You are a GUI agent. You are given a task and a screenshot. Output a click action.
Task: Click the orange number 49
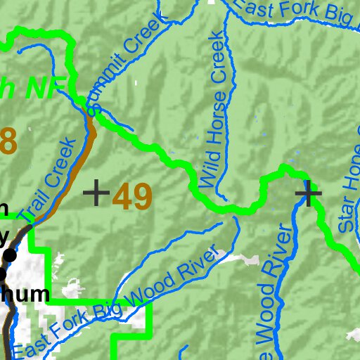132,197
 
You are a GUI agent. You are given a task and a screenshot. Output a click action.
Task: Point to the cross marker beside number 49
96,192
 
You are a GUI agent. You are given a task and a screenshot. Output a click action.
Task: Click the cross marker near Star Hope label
308,192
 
